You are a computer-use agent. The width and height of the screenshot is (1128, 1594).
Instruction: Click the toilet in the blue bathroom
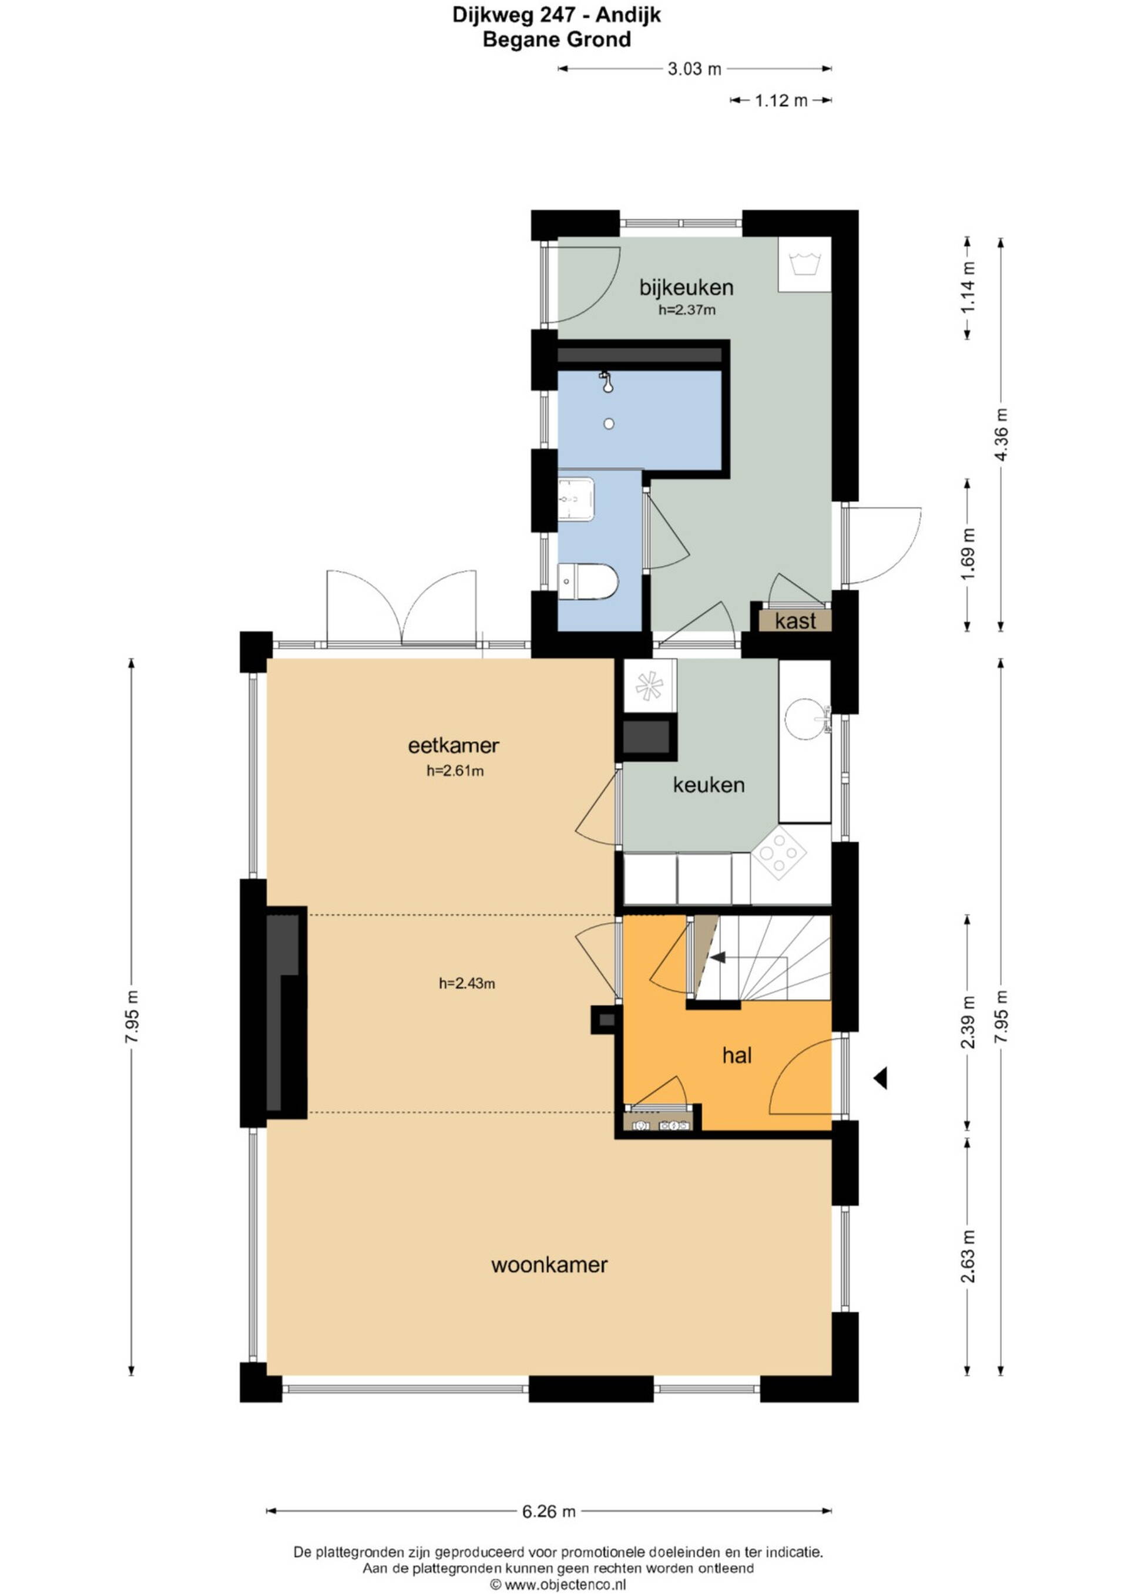pyautogui.click(x=587, y=581)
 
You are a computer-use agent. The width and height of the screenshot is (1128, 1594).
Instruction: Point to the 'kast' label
pyautogui.click(x=795, y=621)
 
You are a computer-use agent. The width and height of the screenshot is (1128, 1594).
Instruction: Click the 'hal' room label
pyautogui.click(x=737, y=1056)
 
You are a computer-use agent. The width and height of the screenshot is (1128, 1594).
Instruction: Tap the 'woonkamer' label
pyautogui.click(x=549, y=1265)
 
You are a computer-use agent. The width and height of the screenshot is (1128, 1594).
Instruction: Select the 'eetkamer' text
pyautogui.click(x=454, y=746)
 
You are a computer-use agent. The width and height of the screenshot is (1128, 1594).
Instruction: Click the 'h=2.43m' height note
pyautogui.click(x=466, y=983)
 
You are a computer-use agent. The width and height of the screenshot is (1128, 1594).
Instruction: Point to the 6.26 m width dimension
pyautogui.click(x=549, y=1505)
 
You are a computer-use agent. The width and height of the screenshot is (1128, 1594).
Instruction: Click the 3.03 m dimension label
pyautogui.click(x=694, y=69)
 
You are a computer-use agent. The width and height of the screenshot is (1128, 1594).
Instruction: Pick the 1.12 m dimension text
pyautogui.click(x=781, y=100)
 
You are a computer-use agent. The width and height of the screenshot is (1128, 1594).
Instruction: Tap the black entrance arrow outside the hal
pyautogui.click(x=880, y=1079)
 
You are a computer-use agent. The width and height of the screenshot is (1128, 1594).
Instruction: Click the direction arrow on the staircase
pyautogui.click(x=717, y=957)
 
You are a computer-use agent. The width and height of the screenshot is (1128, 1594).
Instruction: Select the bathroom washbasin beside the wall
pyautogui.click(x=576, y=499)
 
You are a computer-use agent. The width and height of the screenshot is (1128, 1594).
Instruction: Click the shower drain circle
pyautogui.click(x=609, y=423)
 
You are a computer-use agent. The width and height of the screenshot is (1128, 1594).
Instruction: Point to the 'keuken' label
pyautogui.click(x=709, y=785)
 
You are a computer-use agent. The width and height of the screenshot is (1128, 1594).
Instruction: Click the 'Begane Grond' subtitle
pyautogui.click(x=556, y=39)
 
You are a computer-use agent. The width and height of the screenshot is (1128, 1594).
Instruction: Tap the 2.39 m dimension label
pyautogui.click(x=969, y=1022)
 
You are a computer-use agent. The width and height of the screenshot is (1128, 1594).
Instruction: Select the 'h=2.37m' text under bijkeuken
pyautogui.click(x=687, y=310)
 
